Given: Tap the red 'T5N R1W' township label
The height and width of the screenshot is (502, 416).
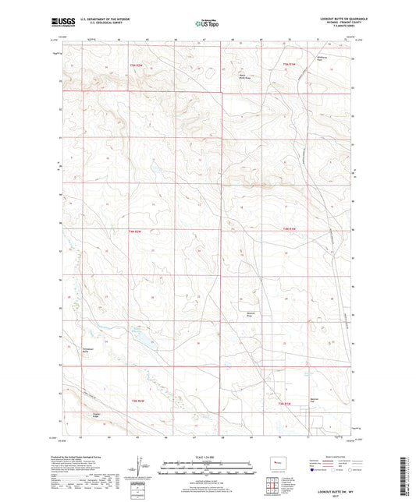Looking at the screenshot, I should pyautogui.click(x=288, y=63).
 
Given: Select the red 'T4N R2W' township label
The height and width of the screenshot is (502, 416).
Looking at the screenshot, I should pyautogui.click(x=134, y=232).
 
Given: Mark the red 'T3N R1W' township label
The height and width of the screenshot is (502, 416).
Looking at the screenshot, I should pyautogui.click(x=286, y=403).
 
